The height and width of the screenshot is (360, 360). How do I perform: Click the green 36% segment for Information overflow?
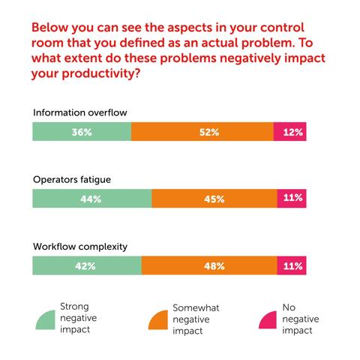tap(81, 132)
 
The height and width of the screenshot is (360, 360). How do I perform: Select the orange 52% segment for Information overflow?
tap(202, 132)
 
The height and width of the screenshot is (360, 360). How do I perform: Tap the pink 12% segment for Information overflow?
tap(290, 132)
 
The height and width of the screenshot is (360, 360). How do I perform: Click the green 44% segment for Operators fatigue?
tap(91, 199)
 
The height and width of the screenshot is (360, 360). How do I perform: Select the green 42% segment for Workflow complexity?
tap(86, 265)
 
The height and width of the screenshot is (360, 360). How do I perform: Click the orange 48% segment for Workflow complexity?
tap(209, 265)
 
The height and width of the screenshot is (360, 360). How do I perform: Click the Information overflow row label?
tap(80, 112)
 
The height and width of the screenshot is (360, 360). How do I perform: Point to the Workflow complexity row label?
tap(79, 246)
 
